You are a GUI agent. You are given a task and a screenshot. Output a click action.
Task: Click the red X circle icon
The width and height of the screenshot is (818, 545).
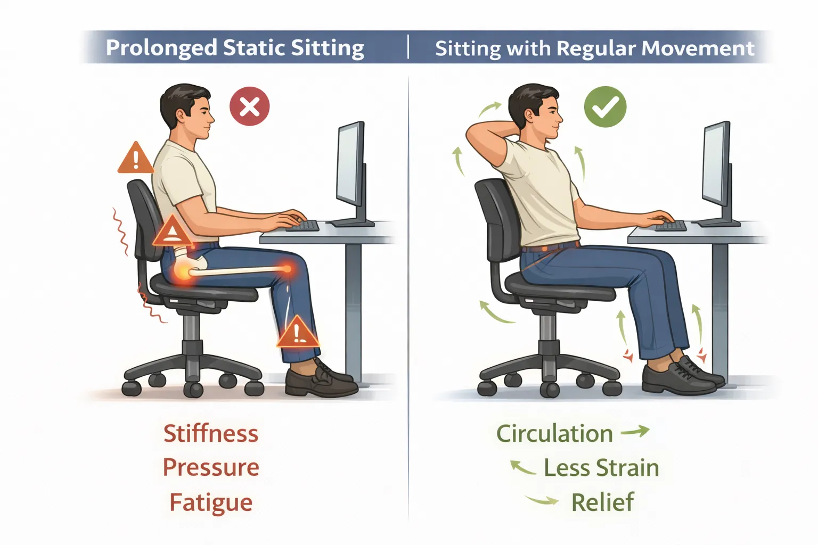click(249, 106)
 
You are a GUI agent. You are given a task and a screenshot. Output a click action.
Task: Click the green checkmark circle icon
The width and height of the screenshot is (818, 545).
click(605, 107)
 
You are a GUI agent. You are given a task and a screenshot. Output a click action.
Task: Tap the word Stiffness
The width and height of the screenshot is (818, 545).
click(211, 434)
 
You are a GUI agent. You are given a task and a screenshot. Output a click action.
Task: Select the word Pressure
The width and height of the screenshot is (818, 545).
click(211, 468)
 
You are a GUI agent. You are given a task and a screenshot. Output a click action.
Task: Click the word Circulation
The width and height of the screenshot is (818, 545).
click(554, 434)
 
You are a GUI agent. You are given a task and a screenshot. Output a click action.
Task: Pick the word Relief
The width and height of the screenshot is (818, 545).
click(602, 502)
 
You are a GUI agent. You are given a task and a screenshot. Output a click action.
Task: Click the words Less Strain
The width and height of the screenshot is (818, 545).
click(601, 468)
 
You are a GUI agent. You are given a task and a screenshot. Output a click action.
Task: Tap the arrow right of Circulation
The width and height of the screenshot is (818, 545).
click(635, 431)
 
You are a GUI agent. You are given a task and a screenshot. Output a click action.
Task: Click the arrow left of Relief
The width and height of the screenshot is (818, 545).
click(542, 500)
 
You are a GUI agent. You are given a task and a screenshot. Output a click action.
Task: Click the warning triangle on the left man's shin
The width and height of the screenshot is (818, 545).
click(298, 332)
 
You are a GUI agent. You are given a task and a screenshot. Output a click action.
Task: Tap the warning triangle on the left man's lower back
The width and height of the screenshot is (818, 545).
click(171, 232)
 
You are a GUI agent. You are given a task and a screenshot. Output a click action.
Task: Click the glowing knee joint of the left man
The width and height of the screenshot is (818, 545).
click(287, 269)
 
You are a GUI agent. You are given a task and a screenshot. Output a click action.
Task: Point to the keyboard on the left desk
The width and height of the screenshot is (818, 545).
click(302, 226)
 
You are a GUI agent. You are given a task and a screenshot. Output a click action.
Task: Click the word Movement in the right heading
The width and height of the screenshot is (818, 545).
click(698, 48)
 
